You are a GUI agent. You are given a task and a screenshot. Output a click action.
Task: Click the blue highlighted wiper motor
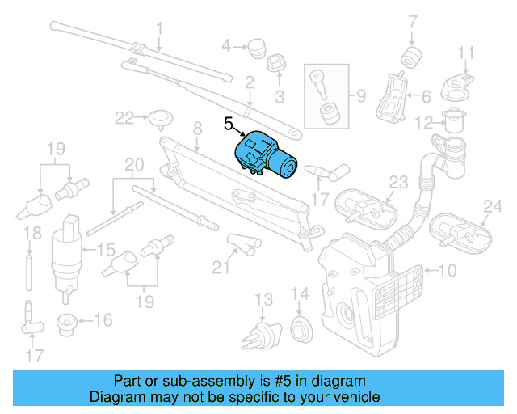(267, 155)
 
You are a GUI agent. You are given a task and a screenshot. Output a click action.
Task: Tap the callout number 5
(229, 123)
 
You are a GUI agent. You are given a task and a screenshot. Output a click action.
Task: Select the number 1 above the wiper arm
(159, 30)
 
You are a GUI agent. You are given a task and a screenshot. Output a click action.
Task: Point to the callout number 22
(124, 118)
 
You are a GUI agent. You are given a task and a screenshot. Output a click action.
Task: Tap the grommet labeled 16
(66, 324)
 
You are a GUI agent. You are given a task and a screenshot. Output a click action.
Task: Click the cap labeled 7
(412, 57)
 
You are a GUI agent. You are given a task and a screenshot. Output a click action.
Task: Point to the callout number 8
(196, 128)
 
